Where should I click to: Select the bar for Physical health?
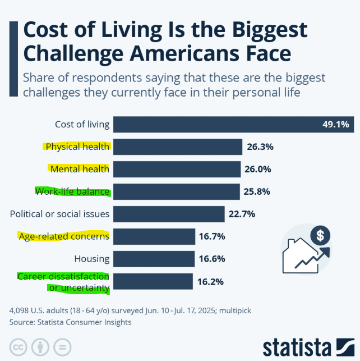[x=177, y=147]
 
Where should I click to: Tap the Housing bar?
[x=153, y=259]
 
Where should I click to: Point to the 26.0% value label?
[x=258, y=169]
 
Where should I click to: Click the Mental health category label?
[x=79, y=169]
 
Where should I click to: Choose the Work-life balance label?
[x=72, y=191]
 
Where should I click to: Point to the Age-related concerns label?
[x=64, y=236]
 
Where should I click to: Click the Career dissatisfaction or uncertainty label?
[x=63, y=282]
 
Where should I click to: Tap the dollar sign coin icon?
[x=320, y=235]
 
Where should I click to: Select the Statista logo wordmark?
[x=298, y=345]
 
